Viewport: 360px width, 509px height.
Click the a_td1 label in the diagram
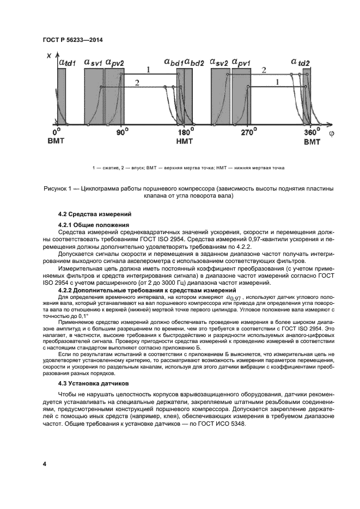pos(67,63)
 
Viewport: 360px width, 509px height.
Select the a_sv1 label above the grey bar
pos(93,63)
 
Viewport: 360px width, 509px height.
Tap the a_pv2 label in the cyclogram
pos(114,63)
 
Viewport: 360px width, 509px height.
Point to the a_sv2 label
pos(218,63)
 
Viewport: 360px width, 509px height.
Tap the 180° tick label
pos(185,132)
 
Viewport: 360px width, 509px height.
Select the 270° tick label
pos(248,132)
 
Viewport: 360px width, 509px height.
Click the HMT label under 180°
pos(184,140)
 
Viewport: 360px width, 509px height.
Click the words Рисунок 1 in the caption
pos(58,188)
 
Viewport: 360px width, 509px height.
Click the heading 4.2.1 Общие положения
pos(93,225)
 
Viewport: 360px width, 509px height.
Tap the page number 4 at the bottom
pos(44,464)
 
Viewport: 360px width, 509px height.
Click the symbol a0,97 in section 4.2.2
pos(234,298)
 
